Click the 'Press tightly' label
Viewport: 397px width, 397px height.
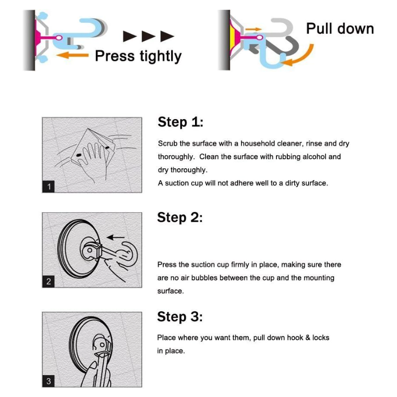138,56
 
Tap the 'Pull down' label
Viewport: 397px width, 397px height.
339,28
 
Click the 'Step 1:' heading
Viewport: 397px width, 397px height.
180,122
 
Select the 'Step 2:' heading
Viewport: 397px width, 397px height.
180,217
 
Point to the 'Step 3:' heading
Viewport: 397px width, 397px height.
180,317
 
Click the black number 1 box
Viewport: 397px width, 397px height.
49,187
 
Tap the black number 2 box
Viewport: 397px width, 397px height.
49,281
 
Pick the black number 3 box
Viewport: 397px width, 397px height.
49,381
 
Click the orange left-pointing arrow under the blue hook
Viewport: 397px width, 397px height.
72,55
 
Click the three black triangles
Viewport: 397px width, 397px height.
149,36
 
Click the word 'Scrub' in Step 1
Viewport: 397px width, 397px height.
168,143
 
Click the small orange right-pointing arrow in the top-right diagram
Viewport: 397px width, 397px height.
253,30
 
